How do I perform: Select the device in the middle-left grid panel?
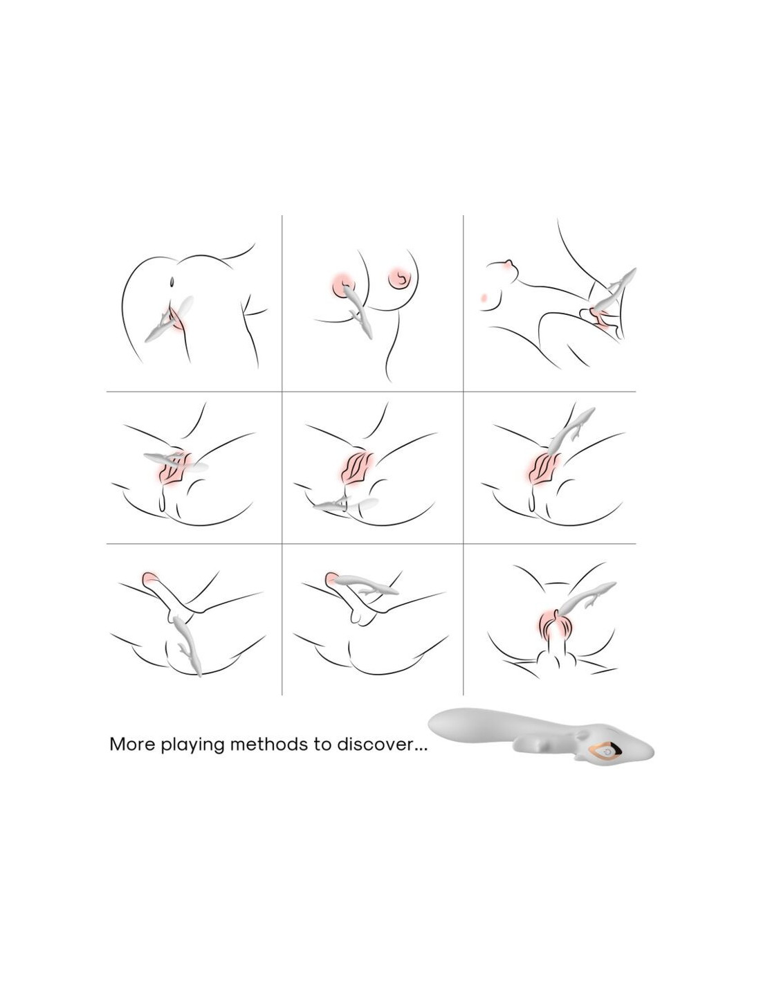click(x=176, y=461)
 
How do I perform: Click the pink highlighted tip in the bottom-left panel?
click(x=150, y=578)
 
